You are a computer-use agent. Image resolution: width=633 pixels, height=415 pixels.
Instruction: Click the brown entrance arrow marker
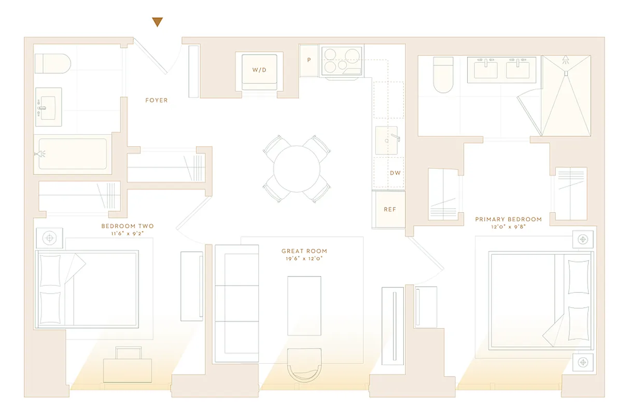pyautogui.click(x=158, y=22)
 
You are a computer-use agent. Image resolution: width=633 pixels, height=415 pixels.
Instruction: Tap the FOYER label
pyautogui.click(x=157, y=100)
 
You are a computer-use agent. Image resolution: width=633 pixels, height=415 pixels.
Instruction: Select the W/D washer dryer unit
pyautogui.click(x=259, y=70)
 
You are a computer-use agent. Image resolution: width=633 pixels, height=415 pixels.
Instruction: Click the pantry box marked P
pyautogui.click(x=309, y=60)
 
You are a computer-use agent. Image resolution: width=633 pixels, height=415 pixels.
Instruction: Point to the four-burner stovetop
pyautogui.click(x=342, y=61)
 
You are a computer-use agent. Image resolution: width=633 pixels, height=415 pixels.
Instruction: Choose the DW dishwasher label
pyautogui.click(x=395, y=173)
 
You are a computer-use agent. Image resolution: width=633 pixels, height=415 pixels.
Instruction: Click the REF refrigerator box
pyautogui.click(x=390, y=210)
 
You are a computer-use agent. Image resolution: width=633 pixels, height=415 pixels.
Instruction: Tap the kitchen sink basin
pyautogui.click(x=386, y=140)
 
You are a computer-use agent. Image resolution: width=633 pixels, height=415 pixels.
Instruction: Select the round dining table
pyautogui.click(x=297, y=169)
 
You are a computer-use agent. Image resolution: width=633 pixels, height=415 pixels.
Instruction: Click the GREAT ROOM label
pyautogui.click(x=304, y=251)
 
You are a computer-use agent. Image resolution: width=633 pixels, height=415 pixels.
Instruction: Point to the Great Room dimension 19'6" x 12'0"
pyautogui.click(x=304, y=258)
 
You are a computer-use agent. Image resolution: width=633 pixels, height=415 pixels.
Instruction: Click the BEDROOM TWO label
pyautogui.click(x=128, y=226)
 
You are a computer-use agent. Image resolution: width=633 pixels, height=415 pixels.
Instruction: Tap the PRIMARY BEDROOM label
pyautogui.click(x=508, y=219)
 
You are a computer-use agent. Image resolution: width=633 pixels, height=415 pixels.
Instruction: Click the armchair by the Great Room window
pyautogui.click(x=304, y=365)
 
